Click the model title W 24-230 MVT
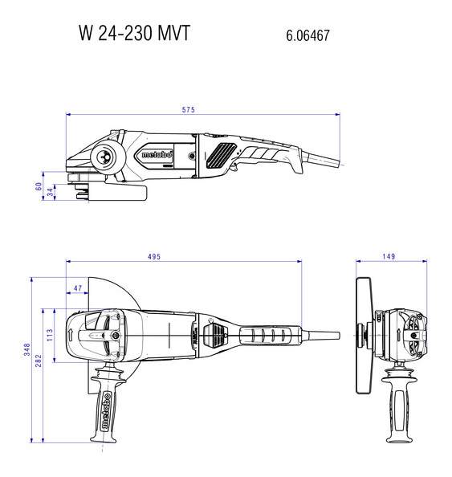tap(134, 33)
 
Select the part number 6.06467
tap(307, 35)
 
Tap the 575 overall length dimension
tap(189, 109)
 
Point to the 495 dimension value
tap(154, 257)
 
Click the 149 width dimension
tap(389, 256)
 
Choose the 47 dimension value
tap(78, 287)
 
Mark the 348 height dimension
tap(27, 349)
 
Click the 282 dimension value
tap(39, 361)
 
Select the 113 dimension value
tap(50, 335)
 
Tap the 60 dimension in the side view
tap(39, 186)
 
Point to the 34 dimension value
tap(51, 192)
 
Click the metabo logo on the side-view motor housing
tap(157, 154)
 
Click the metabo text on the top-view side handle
tap(106, 411)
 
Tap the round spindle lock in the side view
tap(107, 157)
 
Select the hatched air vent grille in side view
tap(221, 155)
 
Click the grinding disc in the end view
tap(364, 335)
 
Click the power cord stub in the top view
tap(320, 336)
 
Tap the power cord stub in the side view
tap(324, 160)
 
